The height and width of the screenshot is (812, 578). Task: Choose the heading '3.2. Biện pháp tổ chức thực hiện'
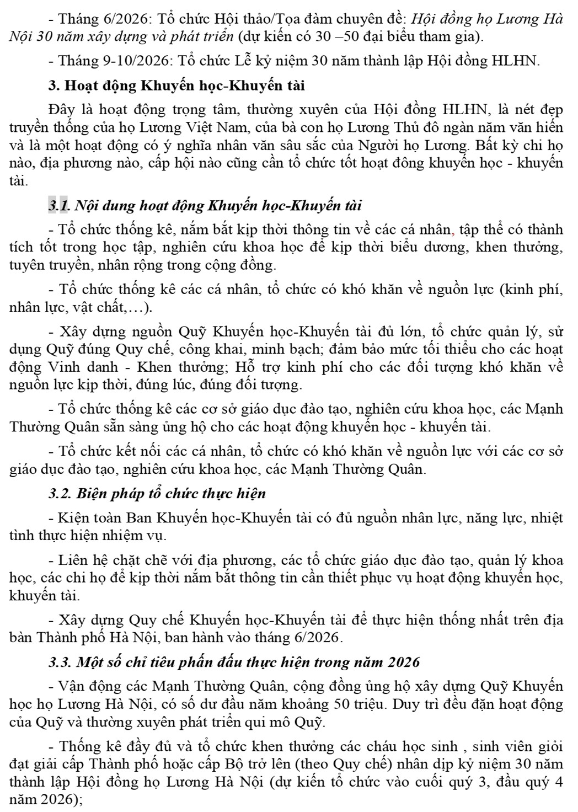[x=157, y=494]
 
